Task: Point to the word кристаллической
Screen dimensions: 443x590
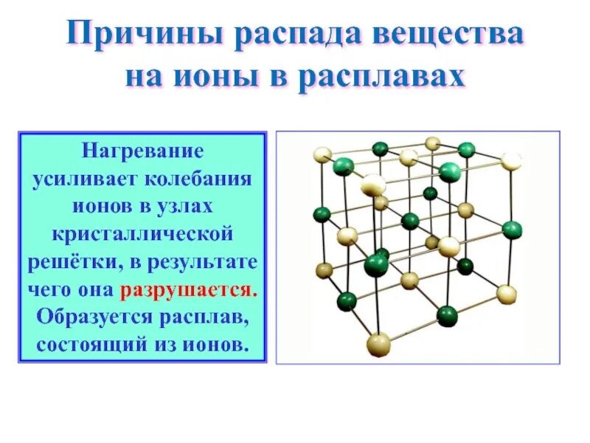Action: [142, 235]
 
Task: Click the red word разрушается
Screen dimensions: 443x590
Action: [200, 289]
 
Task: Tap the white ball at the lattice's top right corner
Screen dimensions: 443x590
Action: [511, 162]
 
